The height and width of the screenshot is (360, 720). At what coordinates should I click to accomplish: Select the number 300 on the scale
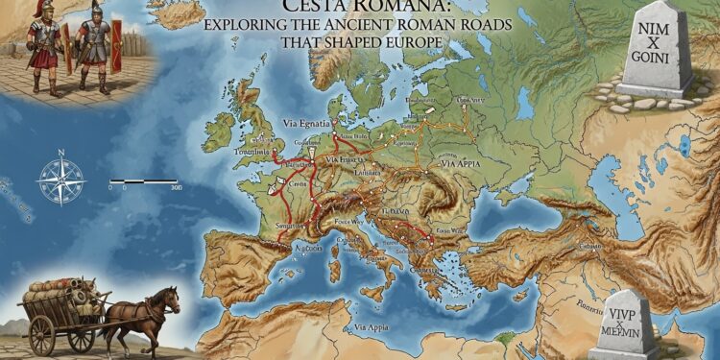tap(176, 189)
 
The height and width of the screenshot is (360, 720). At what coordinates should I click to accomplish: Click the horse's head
tap(172, 297)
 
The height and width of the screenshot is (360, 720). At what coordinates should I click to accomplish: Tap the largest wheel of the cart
tap(42, 335)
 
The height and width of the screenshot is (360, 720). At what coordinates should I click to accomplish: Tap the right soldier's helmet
tap(95, 11)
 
